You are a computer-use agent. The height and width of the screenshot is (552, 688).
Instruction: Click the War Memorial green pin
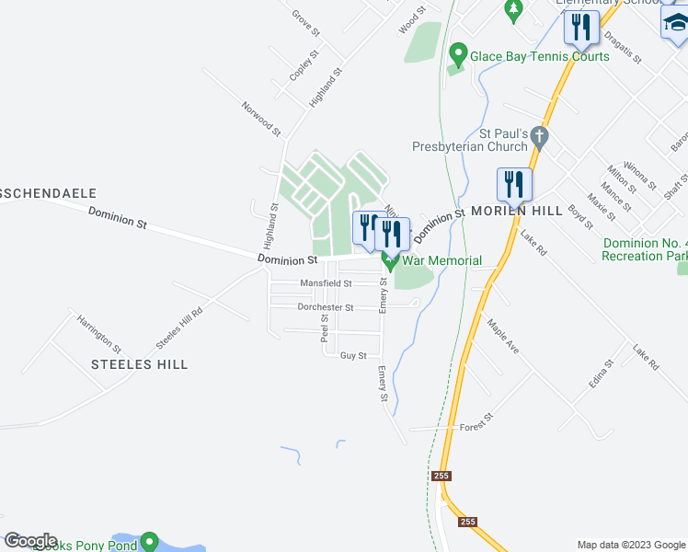[x=389, y=262]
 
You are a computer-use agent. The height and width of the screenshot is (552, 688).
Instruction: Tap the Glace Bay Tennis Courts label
[x=539, y=56]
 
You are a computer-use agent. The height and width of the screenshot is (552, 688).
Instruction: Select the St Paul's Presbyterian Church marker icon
[x=541, y=139]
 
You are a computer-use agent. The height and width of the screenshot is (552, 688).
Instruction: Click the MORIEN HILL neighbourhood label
[x=516, y=211]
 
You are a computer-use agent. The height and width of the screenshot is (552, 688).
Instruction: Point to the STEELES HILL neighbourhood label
[x=140, y=364]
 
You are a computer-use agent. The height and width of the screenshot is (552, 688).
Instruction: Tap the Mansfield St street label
[x=327, y=284]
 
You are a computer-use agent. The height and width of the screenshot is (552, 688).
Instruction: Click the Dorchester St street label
[x=325, y=307]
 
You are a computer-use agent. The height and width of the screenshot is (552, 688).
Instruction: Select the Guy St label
[x=353, y=355]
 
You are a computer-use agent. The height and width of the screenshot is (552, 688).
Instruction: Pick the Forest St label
[x=477, y=419]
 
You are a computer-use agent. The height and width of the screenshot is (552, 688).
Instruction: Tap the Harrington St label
[x=98, y=334]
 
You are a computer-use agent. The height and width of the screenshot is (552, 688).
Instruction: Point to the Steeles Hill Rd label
[x=178, y=327]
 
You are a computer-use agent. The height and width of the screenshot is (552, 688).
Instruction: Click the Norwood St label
[x=261, y=119]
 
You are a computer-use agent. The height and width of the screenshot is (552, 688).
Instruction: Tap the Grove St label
[x=305, y=23]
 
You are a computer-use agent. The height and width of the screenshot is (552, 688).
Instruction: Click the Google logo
[x=30, y=541]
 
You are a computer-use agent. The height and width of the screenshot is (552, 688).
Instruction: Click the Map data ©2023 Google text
[x=630, y=545]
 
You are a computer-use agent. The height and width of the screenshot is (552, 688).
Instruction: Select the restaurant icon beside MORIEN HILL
[x=515, y=185]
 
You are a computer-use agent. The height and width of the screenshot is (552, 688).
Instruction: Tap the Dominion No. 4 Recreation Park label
[x=645, y=249]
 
